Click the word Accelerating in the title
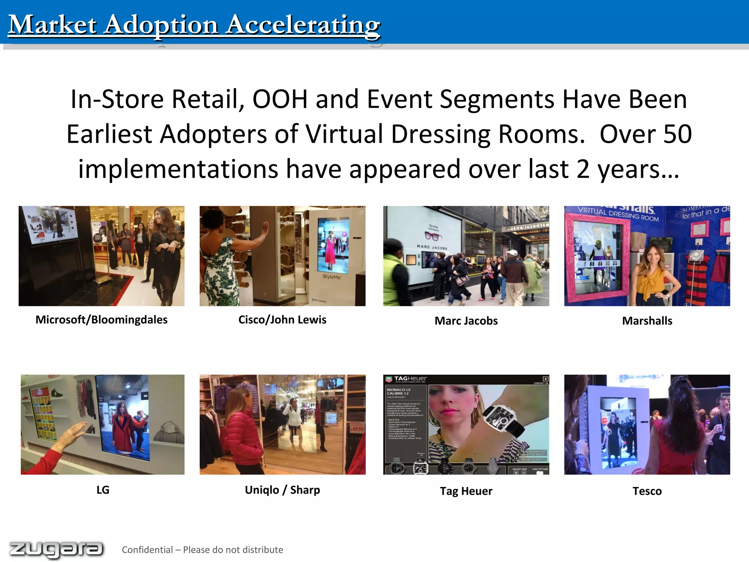tap(303, 25)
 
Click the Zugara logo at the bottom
tap(56, 549)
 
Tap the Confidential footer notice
tap(202, 550)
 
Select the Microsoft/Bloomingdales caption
tap(101, 319)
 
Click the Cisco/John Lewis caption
tap(282, 319)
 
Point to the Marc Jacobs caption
tap(466, 321)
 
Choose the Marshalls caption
tap(647, 321)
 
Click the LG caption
tap(103, 490)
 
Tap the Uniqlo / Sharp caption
tap(282, 490)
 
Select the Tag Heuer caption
tap(466, 491)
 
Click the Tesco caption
tap(647, 491)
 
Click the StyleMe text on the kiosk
tap(331, 277)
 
